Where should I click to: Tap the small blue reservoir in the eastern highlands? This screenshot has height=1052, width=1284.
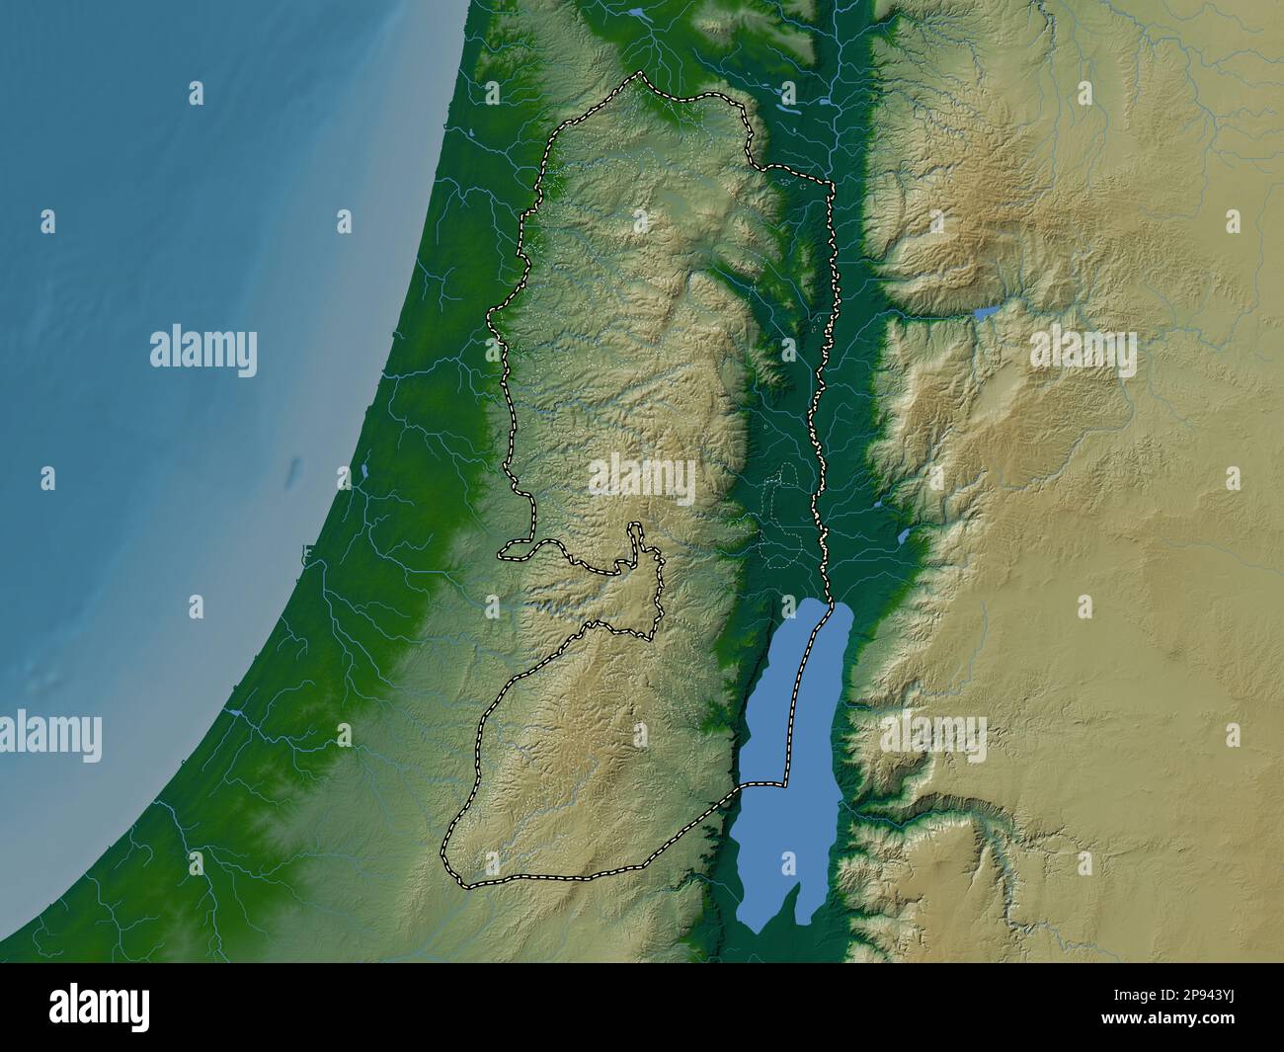986,313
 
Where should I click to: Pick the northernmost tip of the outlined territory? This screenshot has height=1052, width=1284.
640,74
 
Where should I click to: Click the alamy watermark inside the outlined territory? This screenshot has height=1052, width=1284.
642,479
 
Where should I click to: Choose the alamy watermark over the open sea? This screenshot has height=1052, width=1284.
203,352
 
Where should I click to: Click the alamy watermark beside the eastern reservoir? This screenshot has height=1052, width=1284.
1083,352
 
